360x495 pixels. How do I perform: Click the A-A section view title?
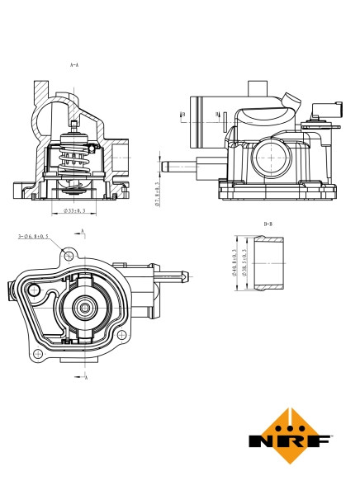(74, 64)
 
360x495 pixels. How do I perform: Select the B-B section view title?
(268, 224)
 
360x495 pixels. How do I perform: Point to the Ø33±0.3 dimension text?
(77, 212)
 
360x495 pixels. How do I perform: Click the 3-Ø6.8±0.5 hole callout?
(34, 237)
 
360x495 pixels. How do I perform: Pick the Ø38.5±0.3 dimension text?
(244, 265)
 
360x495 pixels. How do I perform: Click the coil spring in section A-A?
(75, 156)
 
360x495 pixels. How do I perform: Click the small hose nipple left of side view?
(173, 166)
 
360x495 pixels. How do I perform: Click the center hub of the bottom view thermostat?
(84, 309)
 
